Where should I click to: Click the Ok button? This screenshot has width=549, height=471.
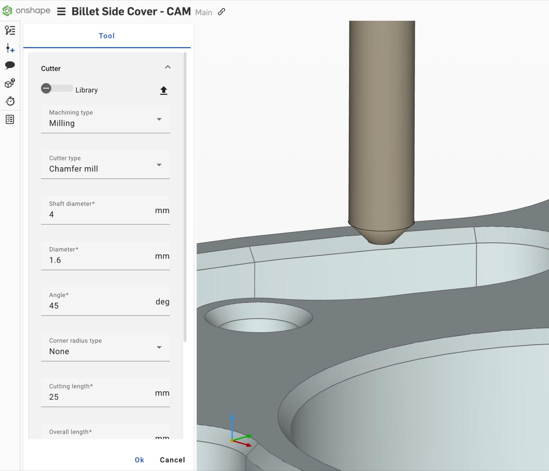click(139, 460)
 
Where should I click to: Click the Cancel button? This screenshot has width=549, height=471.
click(172, 460)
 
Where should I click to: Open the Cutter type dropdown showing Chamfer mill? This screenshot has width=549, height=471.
click(105, 165)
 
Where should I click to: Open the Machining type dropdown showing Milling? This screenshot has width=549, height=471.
click(105, 119)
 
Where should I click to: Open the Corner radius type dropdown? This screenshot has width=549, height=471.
click(105, 347)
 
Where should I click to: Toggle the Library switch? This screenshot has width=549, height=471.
click(57, 88)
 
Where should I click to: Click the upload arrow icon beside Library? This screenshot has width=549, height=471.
click(163, 91)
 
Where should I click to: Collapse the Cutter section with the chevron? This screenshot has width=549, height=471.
click(168, 67)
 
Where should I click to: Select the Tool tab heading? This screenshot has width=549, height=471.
click(107, 36)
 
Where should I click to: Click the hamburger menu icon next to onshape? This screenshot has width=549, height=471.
click(61, 12)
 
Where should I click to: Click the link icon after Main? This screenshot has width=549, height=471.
click(221, 12)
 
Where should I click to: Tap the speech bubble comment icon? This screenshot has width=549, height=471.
click(10, 65)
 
